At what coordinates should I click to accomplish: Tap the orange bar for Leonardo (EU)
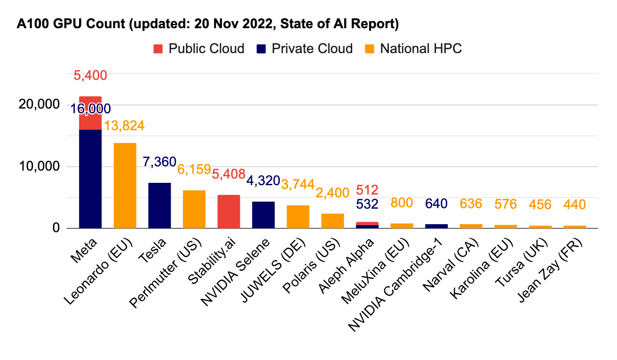125,185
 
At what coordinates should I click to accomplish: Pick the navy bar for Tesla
159,205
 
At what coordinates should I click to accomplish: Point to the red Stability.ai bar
229,211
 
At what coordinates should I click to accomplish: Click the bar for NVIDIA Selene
263,215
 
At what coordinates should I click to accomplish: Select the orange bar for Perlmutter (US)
194,209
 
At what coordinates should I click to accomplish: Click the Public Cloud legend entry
199,48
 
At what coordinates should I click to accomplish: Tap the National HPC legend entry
414,48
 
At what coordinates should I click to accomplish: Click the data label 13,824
124,125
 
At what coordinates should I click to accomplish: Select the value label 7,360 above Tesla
159,162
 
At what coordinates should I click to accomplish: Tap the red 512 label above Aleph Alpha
367,190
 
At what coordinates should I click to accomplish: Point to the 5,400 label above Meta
90,75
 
